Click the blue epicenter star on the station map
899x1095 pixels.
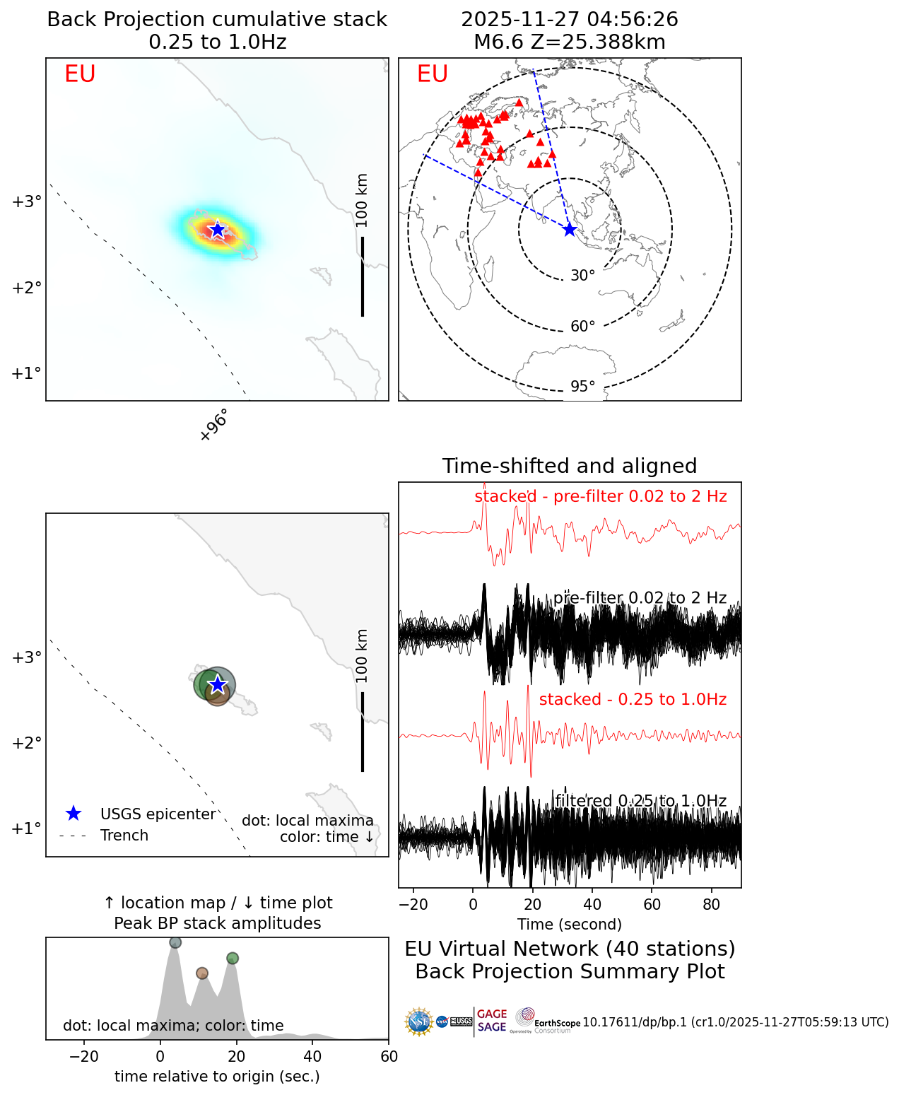point(570,229)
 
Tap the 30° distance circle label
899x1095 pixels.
point(583,276)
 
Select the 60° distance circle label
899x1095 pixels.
point(583,327)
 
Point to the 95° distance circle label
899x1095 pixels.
point(583,387)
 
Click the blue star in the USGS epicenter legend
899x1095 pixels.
point(73,814)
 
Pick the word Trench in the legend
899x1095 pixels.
point(124,836)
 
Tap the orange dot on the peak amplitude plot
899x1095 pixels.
point(202,973)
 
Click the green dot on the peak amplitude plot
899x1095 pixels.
point(233,959)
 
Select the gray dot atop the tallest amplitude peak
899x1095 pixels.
point(175,942)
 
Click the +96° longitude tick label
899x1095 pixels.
point(214,426)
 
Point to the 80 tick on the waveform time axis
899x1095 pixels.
point(712,904)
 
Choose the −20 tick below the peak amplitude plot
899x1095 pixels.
point(84,1057)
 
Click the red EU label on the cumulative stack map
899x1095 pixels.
point(80,74)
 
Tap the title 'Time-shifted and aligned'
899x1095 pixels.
point(570,466)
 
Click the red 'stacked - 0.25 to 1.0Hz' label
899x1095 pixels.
point(633,699)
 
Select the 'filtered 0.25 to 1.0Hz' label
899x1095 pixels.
point(640,801)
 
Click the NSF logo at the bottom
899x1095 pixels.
point(418,1022)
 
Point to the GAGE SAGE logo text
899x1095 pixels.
point(492,1021)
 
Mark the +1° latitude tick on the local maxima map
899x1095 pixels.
point(26,828)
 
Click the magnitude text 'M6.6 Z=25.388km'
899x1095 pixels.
point(570,42)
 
